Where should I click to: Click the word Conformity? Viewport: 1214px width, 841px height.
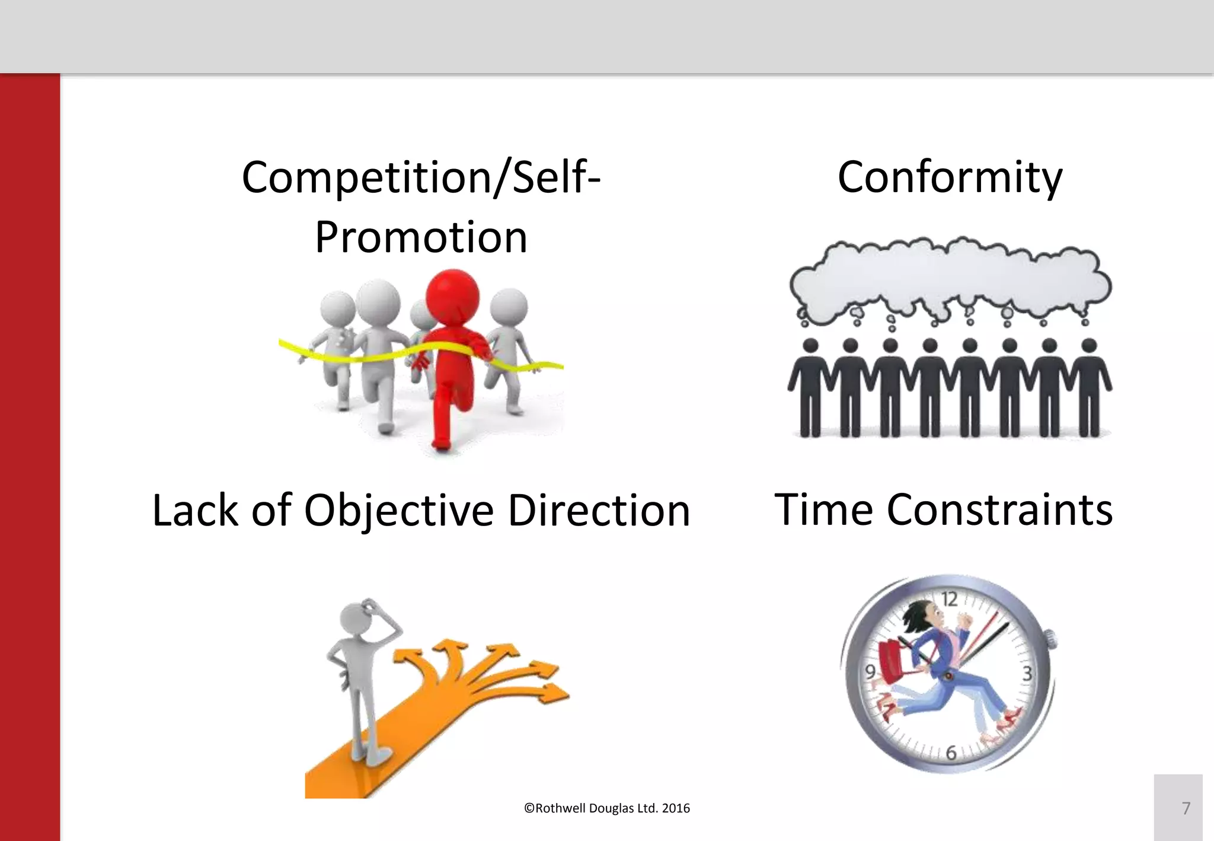coord(950,178)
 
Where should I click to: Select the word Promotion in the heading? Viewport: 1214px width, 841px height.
coord(421,238)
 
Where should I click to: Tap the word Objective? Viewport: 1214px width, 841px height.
coord(398,511)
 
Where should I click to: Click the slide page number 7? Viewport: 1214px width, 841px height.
coord(1186,808)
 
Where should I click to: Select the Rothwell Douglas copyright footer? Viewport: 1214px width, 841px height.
coord(606,808)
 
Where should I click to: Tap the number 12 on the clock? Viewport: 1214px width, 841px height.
coord(949,599)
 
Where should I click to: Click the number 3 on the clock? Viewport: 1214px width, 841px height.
coord(1027,674)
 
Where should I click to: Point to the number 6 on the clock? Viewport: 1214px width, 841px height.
coord(951,753)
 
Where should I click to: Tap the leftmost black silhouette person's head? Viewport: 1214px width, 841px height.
coord(810,346)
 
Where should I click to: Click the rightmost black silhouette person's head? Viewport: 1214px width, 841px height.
coord(1090,346)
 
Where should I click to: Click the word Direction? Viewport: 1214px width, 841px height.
coord(599,511)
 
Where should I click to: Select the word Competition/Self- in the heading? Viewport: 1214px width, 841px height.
coord(421,178)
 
